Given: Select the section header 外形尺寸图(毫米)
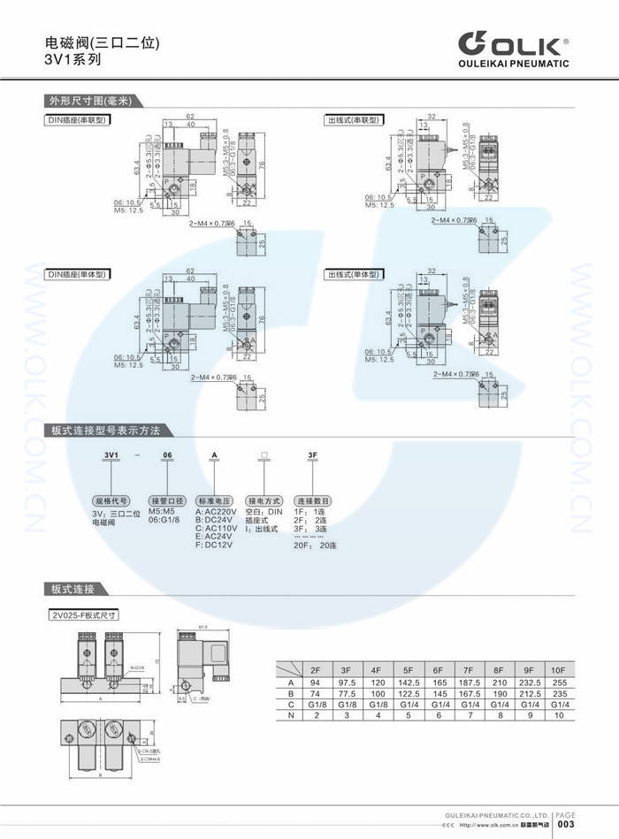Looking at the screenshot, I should (89, 100).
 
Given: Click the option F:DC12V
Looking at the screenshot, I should (216, 545).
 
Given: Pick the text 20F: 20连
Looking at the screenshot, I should (315, 545).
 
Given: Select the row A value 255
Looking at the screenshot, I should (557, 683).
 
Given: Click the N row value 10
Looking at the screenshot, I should (557, 716).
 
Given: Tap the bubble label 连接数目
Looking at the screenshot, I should (312, 500).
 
